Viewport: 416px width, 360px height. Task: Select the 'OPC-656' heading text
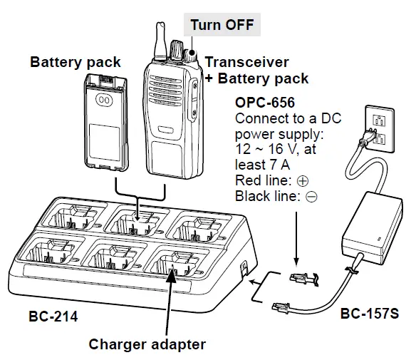tap(265, 103)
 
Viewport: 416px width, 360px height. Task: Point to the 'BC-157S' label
tap(368, 313)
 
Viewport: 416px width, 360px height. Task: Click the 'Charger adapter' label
tap(147, 344)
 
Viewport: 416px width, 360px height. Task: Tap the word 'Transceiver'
tap(246, 62)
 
